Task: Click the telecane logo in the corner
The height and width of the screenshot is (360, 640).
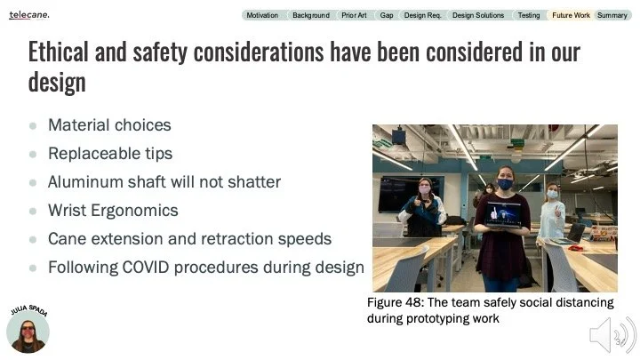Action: [x=29, y=15]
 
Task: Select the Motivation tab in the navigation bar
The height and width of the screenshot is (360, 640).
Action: [x=262, y=15]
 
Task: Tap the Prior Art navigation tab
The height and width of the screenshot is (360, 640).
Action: [x=354, y=15]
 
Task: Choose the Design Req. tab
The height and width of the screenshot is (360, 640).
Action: [x=422, y=15]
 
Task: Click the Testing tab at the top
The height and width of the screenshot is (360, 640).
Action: [x=528, y=15]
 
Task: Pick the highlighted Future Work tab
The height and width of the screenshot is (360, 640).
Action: [x=570, y=15]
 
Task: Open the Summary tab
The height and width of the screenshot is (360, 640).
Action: [x=612, y=15]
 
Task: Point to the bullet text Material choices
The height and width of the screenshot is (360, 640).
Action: [x=109, y=125]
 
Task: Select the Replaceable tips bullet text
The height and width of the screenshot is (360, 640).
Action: [x=110, y=153]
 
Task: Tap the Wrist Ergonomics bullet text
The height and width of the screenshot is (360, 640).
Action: [x=113, y=210]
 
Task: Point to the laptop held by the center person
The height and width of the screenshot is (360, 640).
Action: [x=505, y=214]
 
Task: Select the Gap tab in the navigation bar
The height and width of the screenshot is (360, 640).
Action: [x=387, y=15]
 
